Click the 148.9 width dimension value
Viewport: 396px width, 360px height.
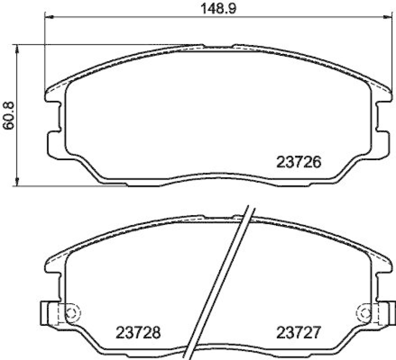tap(215, 8)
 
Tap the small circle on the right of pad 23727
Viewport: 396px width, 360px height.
tap(366, 313)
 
